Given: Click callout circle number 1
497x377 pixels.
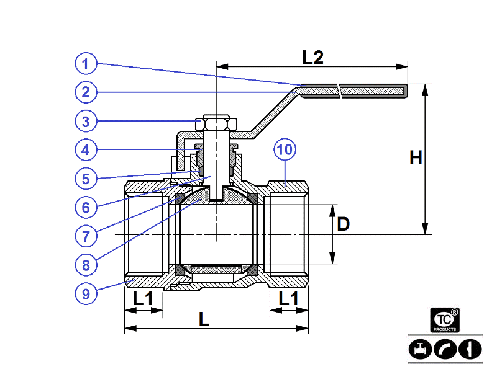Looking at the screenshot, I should [87, 63].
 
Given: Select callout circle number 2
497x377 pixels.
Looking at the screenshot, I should [87, 92].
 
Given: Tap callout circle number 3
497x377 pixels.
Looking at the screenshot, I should [87, 121].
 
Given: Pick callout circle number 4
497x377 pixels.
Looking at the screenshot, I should [87, 150].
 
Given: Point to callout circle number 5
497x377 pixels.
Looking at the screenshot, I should [87, 179].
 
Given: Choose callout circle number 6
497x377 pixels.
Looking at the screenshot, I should [87, 207].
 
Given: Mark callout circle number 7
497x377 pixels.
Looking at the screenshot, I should [87, 236].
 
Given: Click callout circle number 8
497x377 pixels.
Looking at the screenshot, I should [87, 265].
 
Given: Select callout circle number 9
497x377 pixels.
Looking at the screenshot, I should [87, 293].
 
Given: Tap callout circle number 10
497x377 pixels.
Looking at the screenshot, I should [285, 150].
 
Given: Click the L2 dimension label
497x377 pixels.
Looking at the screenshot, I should [313, 58].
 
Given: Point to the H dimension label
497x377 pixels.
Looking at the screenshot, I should [416, 159].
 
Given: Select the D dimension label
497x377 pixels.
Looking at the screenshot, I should [344, 224].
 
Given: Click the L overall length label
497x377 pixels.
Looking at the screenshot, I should [204, 319].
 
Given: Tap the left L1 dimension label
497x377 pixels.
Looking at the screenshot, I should [144, 298].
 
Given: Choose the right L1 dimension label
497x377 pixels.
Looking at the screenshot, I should [288, 298].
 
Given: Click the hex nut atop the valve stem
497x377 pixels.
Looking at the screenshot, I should [215, 122].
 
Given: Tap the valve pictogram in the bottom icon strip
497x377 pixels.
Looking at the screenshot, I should [421, 348].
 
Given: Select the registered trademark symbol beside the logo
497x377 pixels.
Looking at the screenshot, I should [455, 312].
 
